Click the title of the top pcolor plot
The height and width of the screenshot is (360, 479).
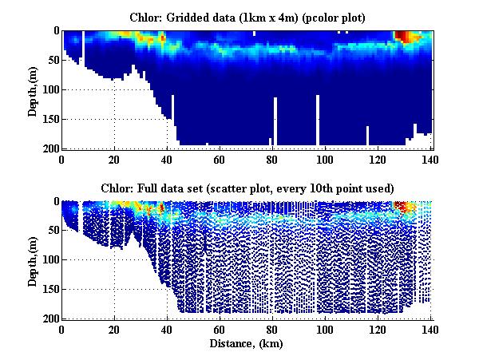pyautogui.click(x=247, y=17)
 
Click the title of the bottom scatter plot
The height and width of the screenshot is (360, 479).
pyautogui.click(x=247, y=188)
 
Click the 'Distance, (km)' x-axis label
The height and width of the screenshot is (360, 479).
pyautogui.click(x=247, y=344)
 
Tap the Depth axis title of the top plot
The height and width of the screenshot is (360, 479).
pyautogui.click(x=33, y=89)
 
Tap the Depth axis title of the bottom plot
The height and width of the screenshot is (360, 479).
pyautogui.click(x=33, y=260)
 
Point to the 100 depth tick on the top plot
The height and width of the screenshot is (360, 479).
pyautogui.click(x=49, y=89)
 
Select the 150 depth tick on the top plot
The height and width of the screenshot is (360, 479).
pyautogui.click(x=49, y=119)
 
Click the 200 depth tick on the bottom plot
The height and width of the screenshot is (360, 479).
pyautogui.click(x=49, y=318)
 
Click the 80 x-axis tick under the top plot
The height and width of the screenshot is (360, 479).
pyautogui.click(x=273, y=158)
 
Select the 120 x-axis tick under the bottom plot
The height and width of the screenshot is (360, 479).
pyautogui.click(x=378, y=329)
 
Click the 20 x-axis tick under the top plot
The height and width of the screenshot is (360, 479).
pyautogui.click(x=115, y=158)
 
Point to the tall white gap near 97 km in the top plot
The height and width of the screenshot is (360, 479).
pyautogui.click(x=318, y=120)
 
